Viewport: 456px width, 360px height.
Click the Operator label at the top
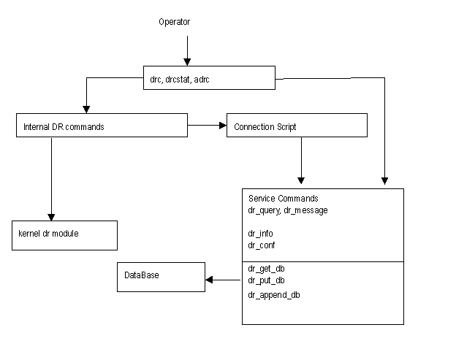click(174, 22)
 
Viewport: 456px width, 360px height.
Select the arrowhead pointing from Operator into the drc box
click(187, 62)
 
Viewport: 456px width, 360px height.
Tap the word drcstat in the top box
click(177, 80)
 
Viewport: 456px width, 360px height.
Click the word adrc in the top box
click(202, 80)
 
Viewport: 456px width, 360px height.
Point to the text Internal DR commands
click(64, 127)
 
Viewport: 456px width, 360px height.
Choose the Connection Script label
click(265, 127)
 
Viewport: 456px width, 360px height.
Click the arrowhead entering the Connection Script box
click(223, 125)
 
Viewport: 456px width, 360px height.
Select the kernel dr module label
click(48, 234)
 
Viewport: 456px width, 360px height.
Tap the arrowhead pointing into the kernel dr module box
click(51, 217)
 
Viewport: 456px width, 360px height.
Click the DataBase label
click(142, 275)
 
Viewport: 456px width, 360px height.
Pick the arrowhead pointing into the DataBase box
click(209, 280)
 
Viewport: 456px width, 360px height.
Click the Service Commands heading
click(284, 199)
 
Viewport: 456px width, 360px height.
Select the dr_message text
click(305, 210)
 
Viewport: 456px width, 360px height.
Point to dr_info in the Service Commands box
click(260, 234)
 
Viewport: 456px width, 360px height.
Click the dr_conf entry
click(261, 245)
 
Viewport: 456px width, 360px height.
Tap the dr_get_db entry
click(266, 269)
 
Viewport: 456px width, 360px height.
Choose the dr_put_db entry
click(266, 280)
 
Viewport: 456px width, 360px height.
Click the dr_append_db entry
click(273, 295)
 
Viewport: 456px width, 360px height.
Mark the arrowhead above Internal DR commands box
click(86, 110)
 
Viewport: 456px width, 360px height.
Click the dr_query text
click(265, 210)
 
